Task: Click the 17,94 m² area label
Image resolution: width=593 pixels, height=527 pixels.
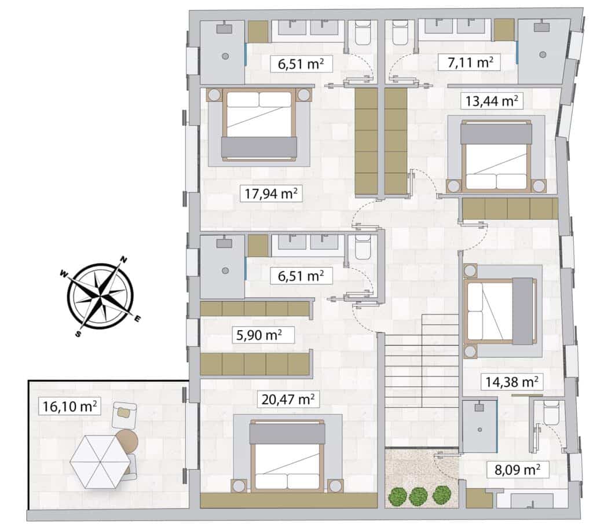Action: [x=271, y=193]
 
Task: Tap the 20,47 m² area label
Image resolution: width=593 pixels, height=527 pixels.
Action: [x=288, y=399]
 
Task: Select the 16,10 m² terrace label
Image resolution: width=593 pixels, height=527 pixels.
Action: [x=69, y=407]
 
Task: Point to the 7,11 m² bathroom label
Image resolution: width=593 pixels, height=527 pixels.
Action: [x=470, y=62]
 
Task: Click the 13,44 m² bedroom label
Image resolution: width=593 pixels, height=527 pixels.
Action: [x=491, y=101]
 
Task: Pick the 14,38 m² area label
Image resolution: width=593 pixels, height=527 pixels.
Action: [x=512, y=382]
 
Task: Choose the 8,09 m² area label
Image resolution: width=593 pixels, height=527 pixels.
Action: [x=517, y=470]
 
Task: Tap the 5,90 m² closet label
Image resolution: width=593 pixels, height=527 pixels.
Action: [x=259, y=335]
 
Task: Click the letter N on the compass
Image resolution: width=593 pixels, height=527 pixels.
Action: [x=123, y=259]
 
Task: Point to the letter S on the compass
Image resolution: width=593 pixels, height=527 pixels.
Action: [x=78, y=334]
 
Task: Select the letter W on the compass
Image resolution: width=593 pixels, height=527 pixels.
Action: [x=64, y=273]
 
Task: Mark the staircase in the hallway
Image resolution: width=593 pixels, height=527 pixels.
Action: [x=422, y=371]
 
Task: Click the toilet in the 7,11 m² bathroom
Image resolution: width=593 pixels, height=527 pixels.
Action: [x=399, y=32]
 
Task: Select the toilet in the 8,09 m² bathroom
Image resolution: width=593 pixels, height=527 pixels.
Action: [x=551, y=413]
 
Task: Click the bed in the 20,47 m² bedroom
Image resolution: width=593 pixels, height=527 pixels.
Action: [x=287, y=455]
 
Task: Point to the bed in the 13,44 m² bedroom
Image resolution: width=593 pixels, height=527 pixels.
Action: [x=496, y=155]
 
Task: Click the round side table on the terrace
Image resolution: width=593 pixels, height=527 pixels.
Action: [x=127, y=441]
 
